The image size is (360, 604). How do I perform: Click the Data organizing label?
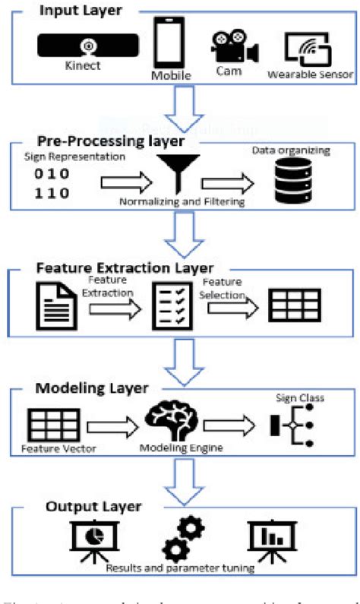point(291,150)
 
